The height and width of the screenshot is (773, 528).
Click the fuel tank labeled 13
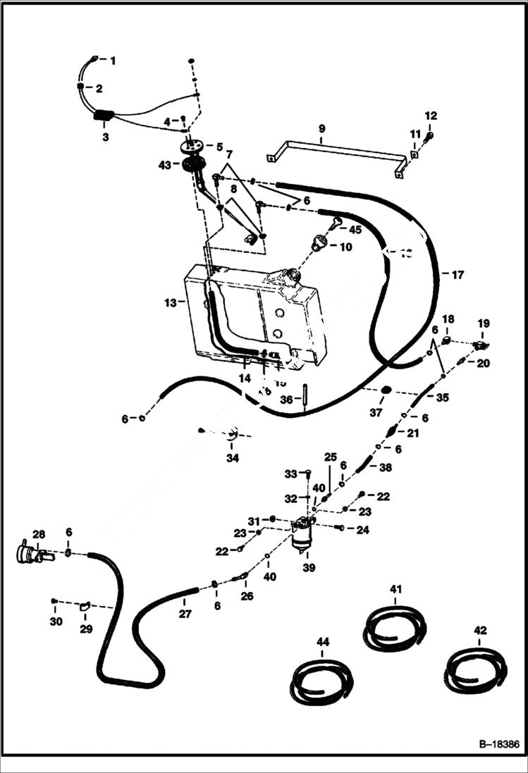pos(254,314)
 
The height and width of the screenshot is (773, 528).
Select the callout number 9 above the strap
pos(321,129)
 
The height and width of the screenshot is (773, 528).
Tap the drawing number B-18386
pos(493,743)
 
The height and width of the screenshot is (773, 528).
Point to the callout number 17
pos(458,275)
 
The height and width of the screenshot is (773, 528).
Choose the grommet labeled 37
pos(386,391)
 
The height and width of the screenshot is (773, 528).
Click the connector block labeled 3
pos(103,116)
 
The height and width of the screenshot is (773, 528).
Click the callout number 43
pos(165,165)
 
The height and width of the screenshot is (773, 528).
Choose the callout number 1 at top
pos(111,61)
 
